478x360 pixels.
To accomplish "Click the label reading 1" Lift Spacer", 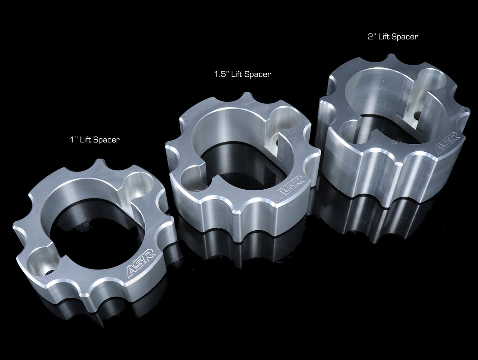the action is (95, 140).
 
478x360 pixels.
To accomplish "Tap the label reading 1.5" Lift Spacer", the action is (242, 74).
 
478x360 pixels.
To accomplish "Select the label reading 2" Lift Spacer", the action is (393, 37).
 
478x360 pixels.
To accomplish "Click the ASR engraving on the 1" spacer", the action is (141, 263).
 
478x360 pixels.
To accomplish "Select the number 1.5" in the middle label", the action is (221, 74).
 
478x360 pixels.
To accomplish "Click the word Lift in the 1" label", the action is (85, 139).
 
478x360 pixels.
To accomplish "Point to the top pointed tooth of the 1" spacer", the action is (99, 161).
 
